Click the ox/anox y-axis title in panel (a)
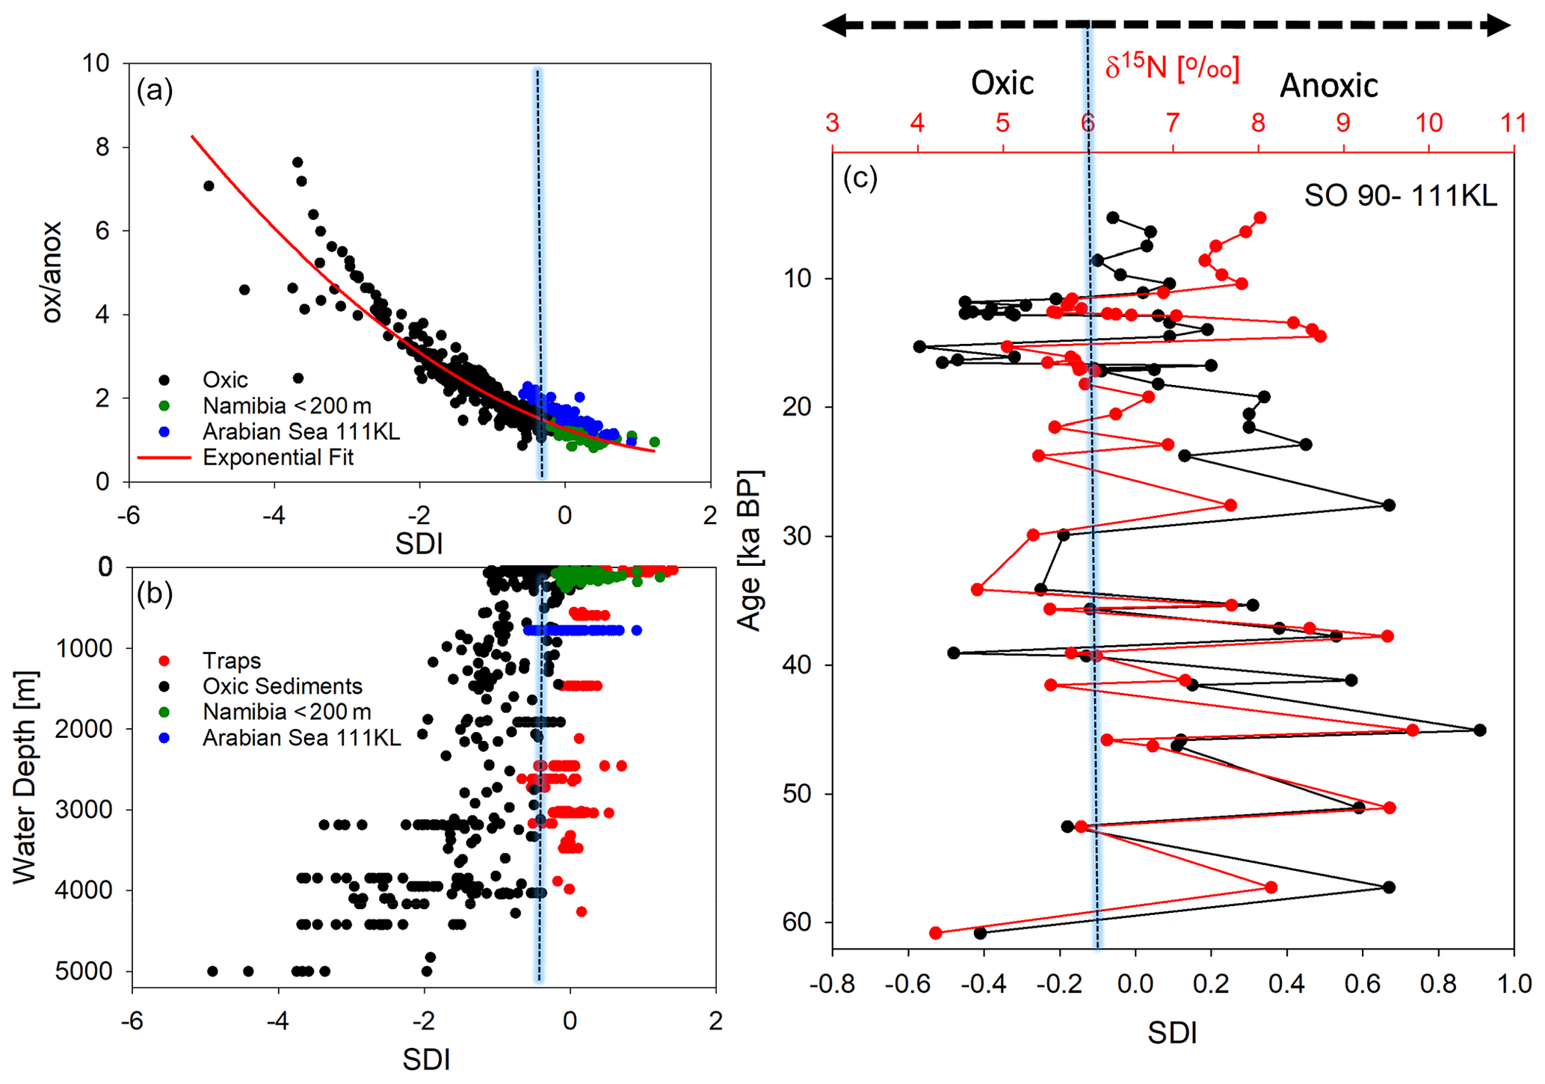(x=52, y=272)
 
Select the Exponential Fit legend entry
(x=277, y=457)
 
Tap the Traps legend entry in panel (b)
(x=231, y=661)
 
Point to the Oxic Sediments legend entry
(x=282, y=686)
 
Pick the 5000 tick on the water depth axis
(x=84, y=972)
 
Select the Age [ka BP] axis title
(x=749, y=551)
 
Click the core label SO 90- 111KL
(x=1400, y=196)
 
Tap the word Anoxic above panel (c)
(x=1328, y=86)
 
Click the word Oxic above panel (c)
(x=1002, y=83)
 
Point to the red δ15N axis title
(x=1172, y=68)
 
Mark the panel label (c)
(x=860, y=178)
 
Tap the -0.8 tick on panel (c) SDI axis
(x=831, y=984)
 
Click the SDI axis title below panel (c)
(x=1172, y=1033)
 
